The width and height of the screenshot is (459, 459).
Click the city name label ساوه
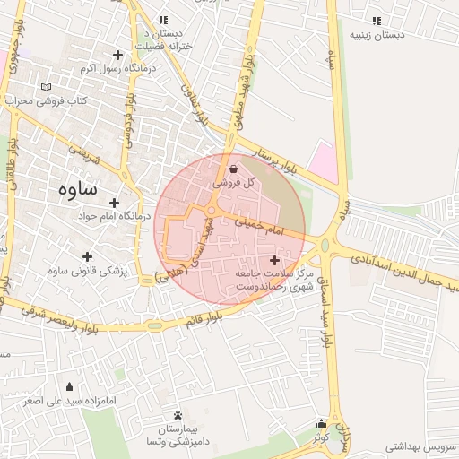(x=76, y=189)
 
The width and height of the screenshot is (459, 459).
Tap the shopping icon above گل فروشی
(x=233, y=168)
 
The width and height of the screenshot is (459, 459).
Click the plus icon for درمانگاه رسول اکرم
(x=117, y=56)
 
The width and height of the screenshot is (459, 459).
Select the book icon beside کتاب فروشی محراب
(x=46, y=87)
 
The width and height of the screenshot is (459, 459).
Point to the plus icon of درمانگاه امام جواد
(x=114, y=203)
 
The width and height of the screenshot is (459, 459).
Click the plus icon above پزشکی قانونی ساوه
(x=87, y=256)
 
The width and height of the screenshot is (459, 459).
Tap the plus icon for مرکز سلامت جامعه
(x=274, y=259)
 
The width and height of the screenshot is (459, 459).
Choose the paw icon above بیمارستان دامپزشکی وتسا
(x=178, y=416)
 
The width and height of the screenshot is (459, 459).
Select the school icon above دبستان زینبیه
(x=376, y=21)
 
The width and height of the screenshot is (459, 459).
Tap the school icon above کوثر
(x=320, y=424)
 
